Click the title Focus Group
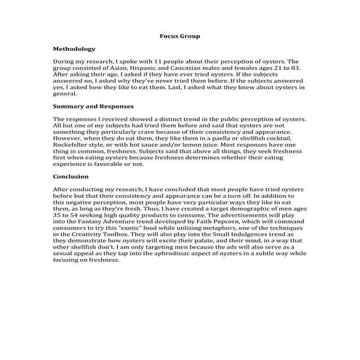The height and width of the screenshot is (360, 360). (x=180, y=36)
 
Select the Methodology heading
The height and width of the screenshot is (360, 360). (x=74, y=49)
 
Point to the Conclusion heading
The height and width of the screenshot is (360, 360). (x=71, y=176)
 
